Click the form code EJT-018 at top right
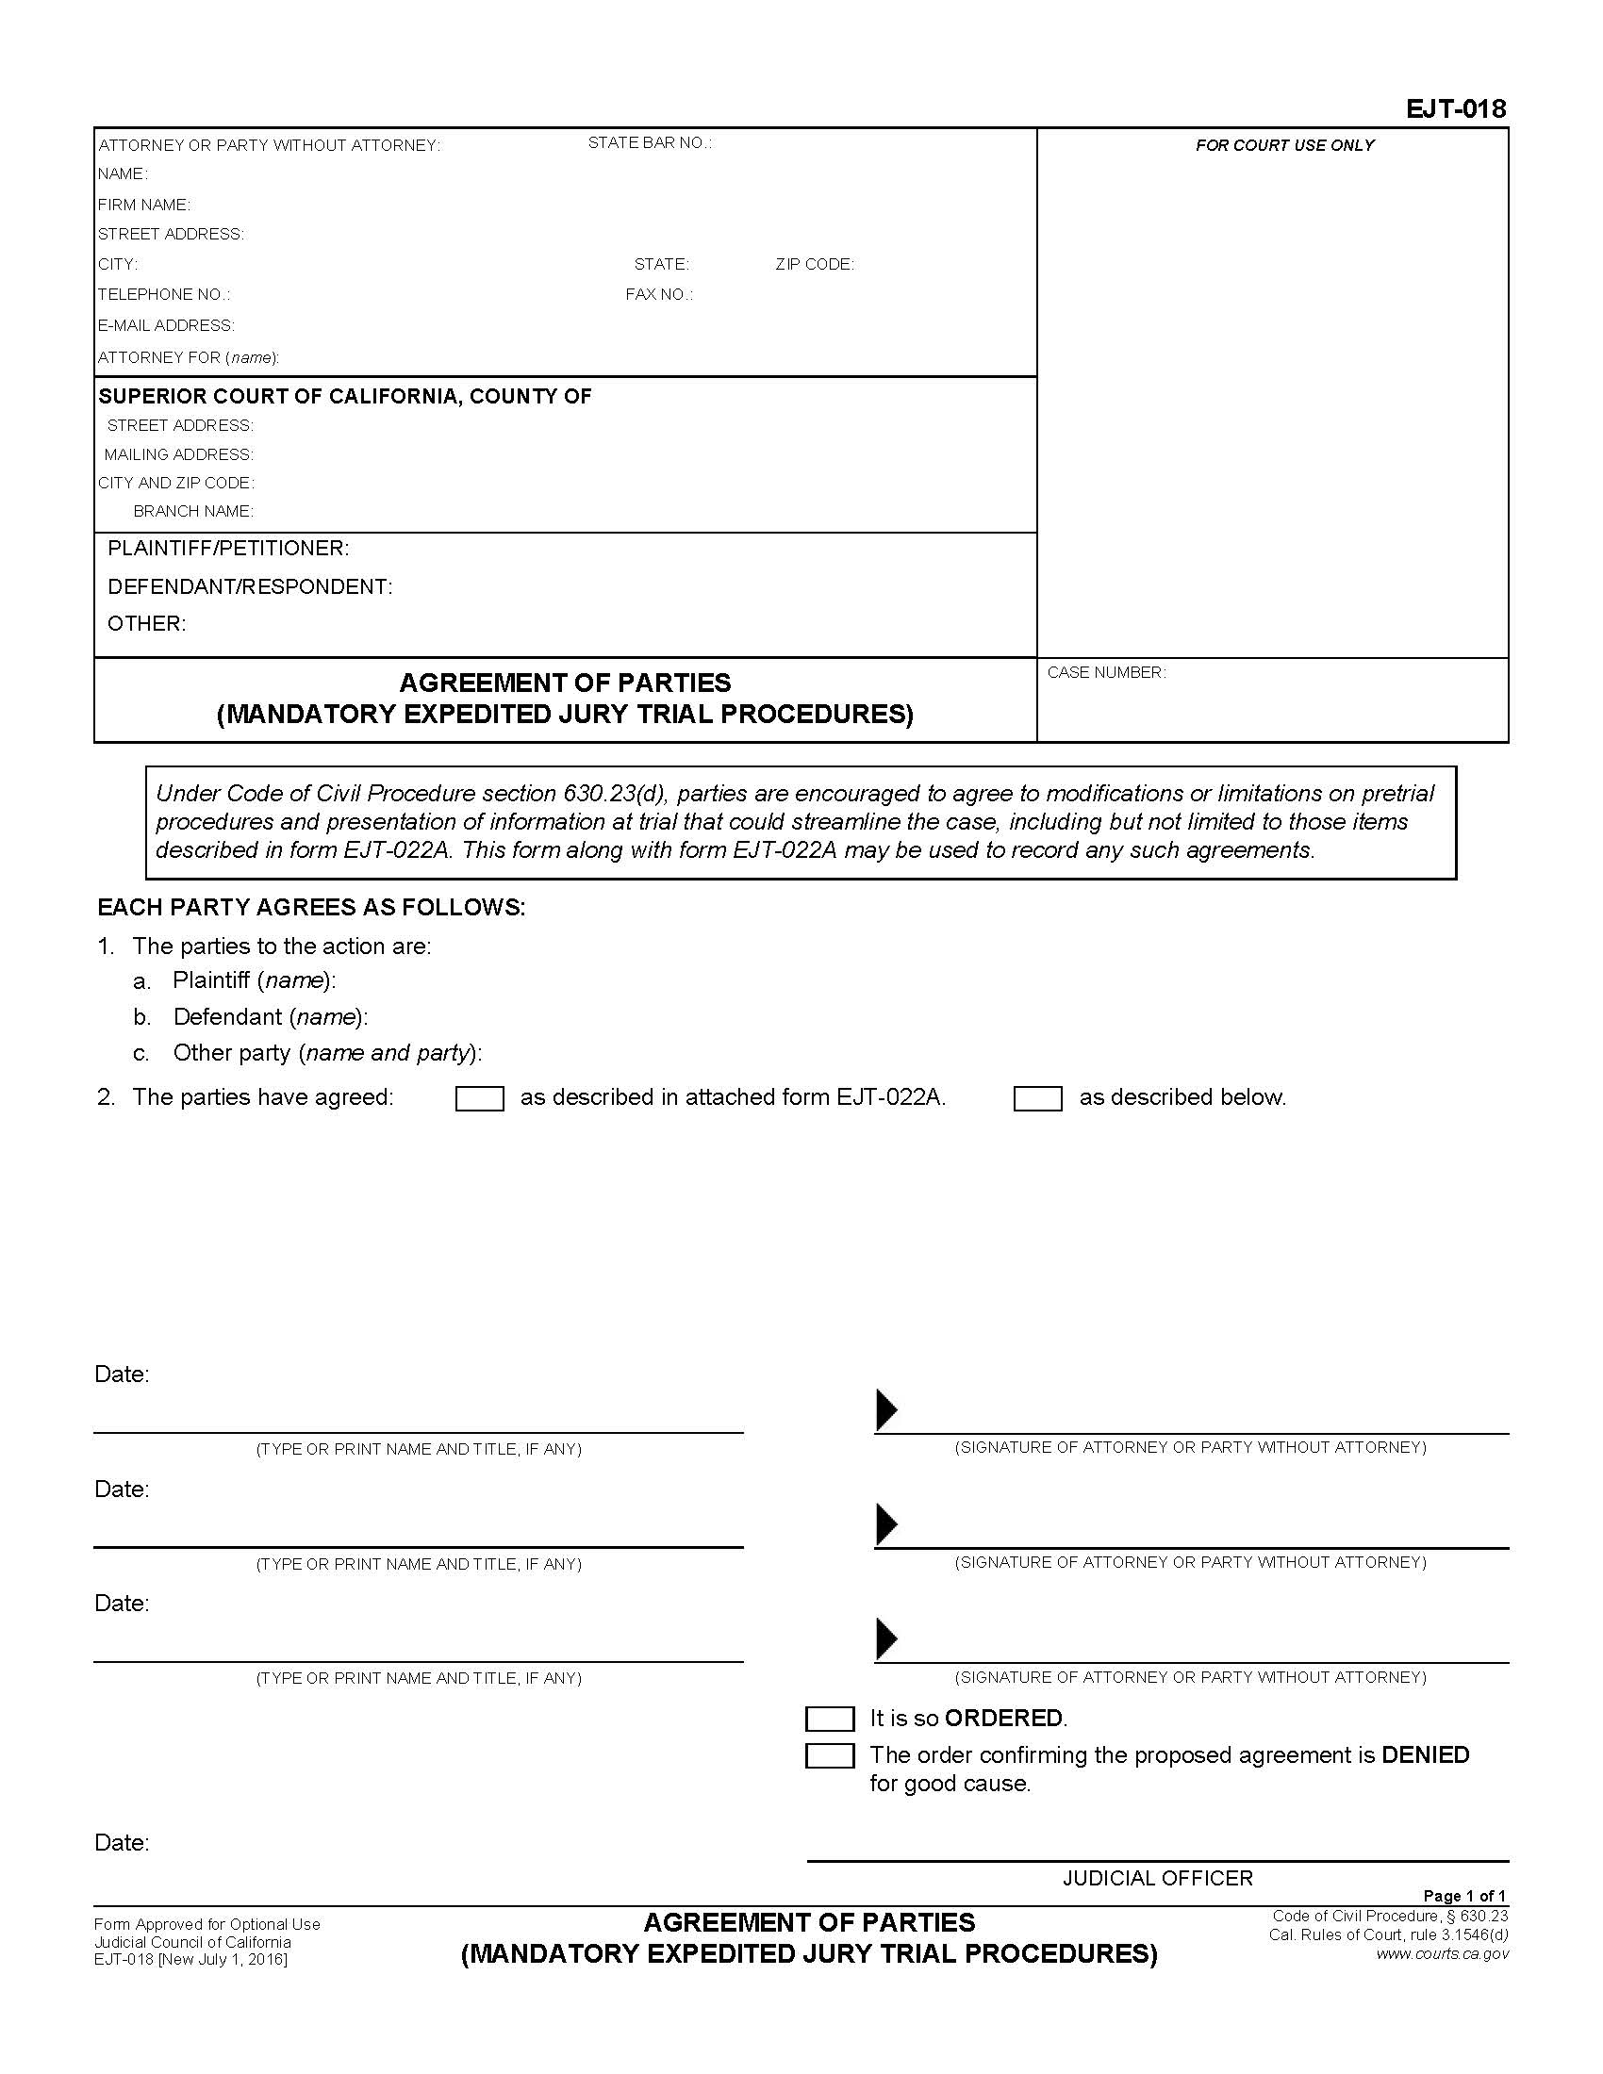pyautogui.click(x=1455, y=109)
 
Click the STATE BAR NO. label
pyautogui.click(x=650, y=143)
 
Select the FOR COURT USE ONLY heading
pyautogui.click(x=1284, y=145)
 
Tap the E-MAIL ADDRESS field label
pyautogui.click(x=166, y=326)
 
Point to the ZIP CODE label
pyautogui.click(x=814, y=264)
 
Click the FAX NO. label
pyautogui.click(x=659, y=294)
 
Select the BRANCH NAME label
pyautogui.click(x=192, y=511)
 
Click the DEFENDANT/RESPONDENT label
pyautogui.click(x=250, y=587)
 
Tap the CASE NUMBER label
pyautogui.click(x=1106, y=672)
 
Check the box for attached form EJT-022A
pyautogui.click(x=480, y=1098)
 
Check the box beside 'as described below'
pyautogui.click(x=1037, y=1098)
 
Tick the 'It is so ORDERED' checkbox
pyautogui.click(x=829, y=1719)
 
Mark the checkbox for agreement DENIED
pyautogui.click(x=829, y=1756)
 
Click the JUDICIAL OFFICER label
pyautogui.click(x=1158, y=1878)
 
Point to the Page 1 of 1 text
pyautogui.click(x=1464, y=1896)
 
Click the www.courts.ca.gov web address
pyautogui.click(x=1442, y=1953)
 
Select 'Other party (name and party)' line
pyautogui.click(x=326, y=1053)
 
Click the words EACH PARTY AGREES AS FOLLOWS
pyautogui.click(x=311, y=908)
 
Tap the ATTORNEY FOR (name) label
pyautogui.click(x=188, y=358)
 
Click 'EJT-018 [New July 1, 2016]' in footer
pyautogui.click(x=190, y=1959)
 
